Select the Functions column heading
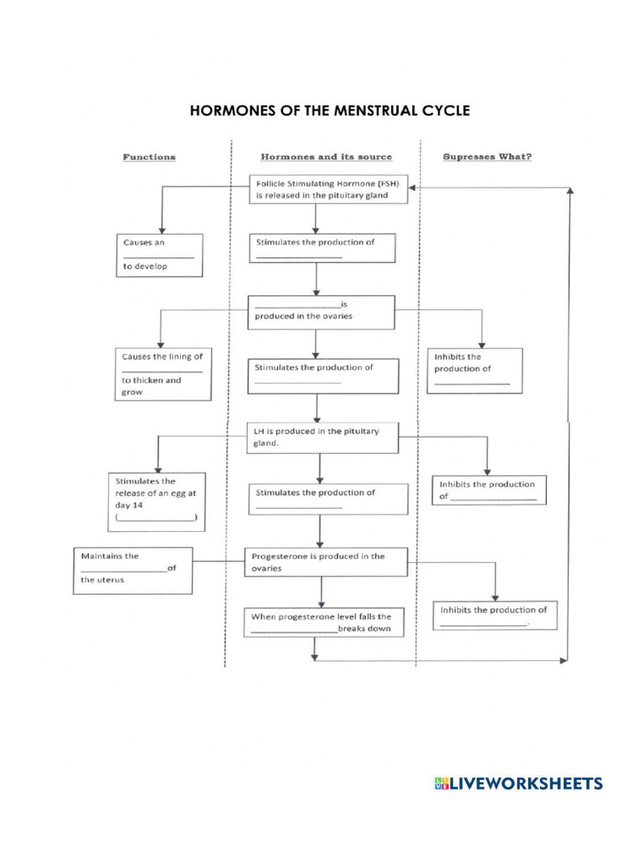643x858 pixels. (149, 157)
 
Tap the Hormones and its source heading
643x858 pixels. (327, 157)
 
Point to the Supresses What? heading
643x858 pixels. (486, 157)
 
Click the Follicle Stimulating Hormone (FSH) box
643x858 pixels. (329, 189)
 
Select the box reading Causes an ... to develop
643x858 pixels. (160, 255)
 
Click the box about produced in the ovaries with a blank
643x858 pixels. (321, 311)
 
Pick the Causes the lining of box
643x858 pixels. (162, 374)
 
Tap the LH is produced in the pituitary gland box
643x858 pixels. (322, 437)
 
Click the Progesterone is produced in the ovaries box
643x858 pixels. (325, 561)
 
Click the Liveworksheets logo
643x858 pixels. (518, 783)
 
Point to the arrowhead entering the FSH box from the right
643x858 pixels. (414, 189)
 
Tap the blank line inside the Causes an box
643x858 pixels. (158, 256)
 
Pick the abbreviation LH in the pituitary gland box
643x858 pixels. (260, 432)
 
